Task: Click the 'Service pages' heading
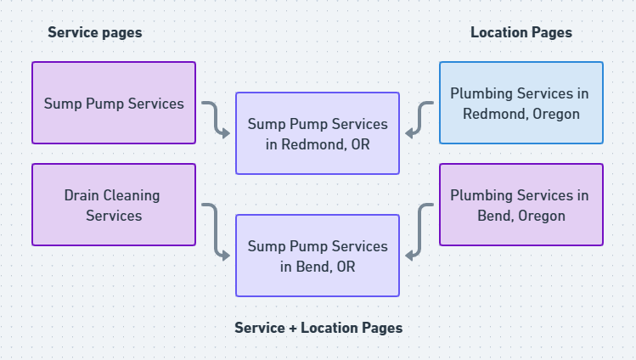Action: (94, 32)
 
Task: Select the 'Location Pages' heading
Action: (521, 32)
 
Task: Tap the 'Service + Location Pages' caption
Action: (318, 327)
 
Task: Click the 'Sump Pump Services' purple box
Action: (114, 103)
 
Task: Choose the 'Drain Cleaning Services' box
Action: (114, 205)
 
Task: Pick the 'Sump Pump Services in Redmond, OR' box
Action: (318, 133)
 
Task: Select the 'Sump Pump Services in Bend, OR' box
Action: (318, 256)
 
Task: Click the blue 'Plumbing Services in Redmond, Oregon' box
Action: (521, 103)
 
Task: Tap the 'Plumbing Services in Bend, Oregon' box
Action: (521, 205)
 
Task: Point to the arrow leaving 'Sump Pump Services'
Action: (216, 119)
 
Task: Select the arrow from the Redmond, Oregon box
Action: (419, 119)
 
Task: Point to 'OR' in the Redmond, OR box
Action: (360, 143)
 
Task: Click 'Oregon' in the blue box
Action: (552, 114)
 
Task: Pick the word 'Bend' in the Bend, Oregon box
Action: (493, 216)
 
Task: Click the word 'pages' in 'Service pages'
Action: (121, 32)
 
